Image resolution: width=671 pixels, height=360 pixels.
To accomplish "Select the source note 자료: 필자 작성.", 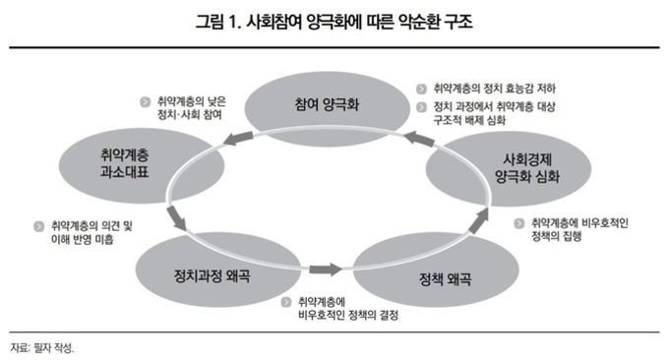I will pos(42,346).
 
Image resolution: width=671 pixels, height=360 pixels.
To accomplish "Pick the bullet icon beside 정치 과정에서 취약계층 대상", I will pos(422,106).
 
